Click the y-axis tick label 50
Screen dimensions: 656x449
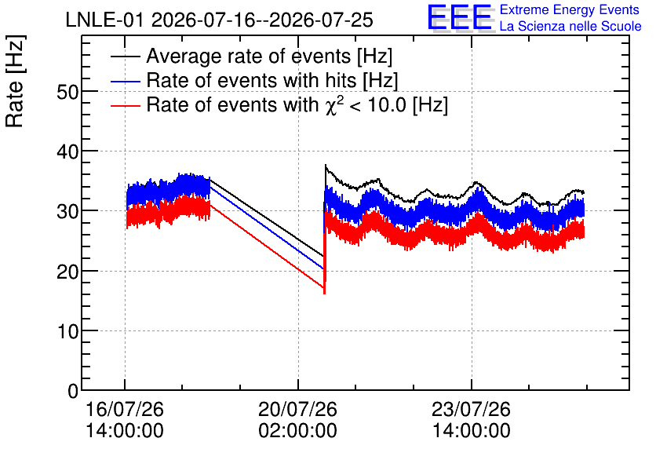(67, 92)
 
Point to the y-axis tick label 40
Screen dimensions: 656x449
(67, 151)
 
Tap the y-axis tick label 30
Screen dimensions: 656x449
(67, 211)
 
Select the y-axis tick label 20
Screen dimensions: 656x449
(67, 272)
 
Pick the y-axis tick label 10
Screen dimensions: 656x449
(67, 331)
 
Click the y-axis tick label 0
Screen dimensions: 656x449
(73, 391)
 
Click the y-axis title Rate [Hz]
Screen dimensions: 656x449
(15, 81)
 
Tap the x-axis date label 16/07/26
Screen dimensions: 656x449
(124, 409)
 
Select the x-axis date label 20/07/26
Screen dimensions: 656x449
(297, 409)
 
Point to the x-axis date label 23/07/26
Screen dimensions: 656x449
(471, 409)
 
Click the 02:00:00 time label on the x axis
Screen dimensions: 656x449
(297, 431)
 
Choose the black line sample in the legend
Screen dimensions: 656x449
(126, 57)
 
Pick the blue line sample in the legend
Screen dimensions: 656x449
(126, 81)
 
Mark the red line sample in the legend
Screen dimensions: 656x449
(126, 105)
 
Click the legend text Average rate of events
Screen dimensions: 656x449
(249, 56)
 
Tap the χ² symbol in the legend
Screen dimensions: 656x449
(334, 105)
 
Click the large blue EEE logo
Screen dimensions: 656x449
(460, 18)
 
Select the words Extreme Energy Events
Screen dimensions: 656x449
(570, 9)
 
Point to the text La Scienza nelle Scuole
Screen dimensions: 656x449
(570, 27)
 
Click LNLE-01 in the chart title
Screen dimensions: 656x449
(106, 20)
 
